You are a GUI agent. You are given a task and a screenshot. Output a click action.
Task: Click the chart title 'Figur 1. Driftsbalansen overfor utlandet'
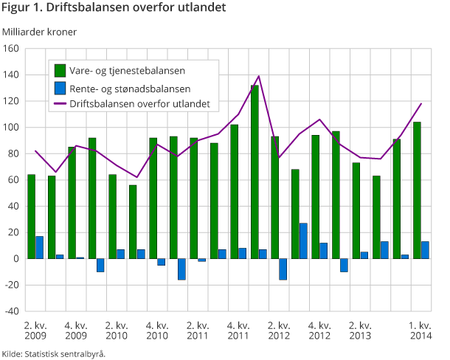(114, 8)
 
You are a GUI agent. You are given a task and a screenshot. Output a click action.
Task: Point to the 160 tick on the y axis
(11, 49)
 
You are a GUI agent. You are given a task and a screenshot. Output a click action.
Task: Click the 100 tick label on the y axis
(11, 128)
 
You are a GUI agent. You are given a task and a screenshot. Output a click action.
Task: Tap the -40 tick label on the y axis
(11, 311)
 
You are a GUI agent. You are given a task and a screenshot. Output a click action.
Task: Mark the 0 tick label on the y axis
(15, 259)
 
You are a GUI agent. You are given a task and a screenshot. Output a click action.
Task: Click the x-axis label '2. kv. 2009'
(35, 330)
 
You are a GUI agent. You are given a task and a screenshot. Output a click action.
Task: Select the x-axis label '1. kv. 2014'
(420, 330)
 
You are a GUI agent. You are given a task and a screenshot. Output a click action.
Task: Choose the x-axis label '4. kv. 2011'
(238, 330)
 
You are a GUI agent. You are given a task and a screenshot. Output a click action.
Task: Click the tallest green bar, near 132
(255, 171)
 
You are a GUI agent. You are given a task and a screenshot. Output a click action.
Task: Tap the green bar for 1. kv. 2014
(417, 190)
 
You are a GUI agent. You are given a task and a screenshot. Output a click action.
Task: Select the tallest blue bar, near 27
(303, 240)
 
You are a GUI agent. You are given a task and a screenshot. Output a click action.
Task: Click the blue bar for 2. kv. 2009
(40, 247)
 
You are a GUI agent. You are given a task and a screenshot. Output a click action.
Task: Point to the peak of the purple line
(259, 76)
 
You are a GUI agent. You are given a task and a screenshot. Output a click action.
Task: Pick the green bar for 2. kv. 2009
(32, 216)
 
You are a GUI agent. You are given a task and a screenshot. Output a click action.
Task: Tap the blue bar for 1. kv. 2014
(425, 250)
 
